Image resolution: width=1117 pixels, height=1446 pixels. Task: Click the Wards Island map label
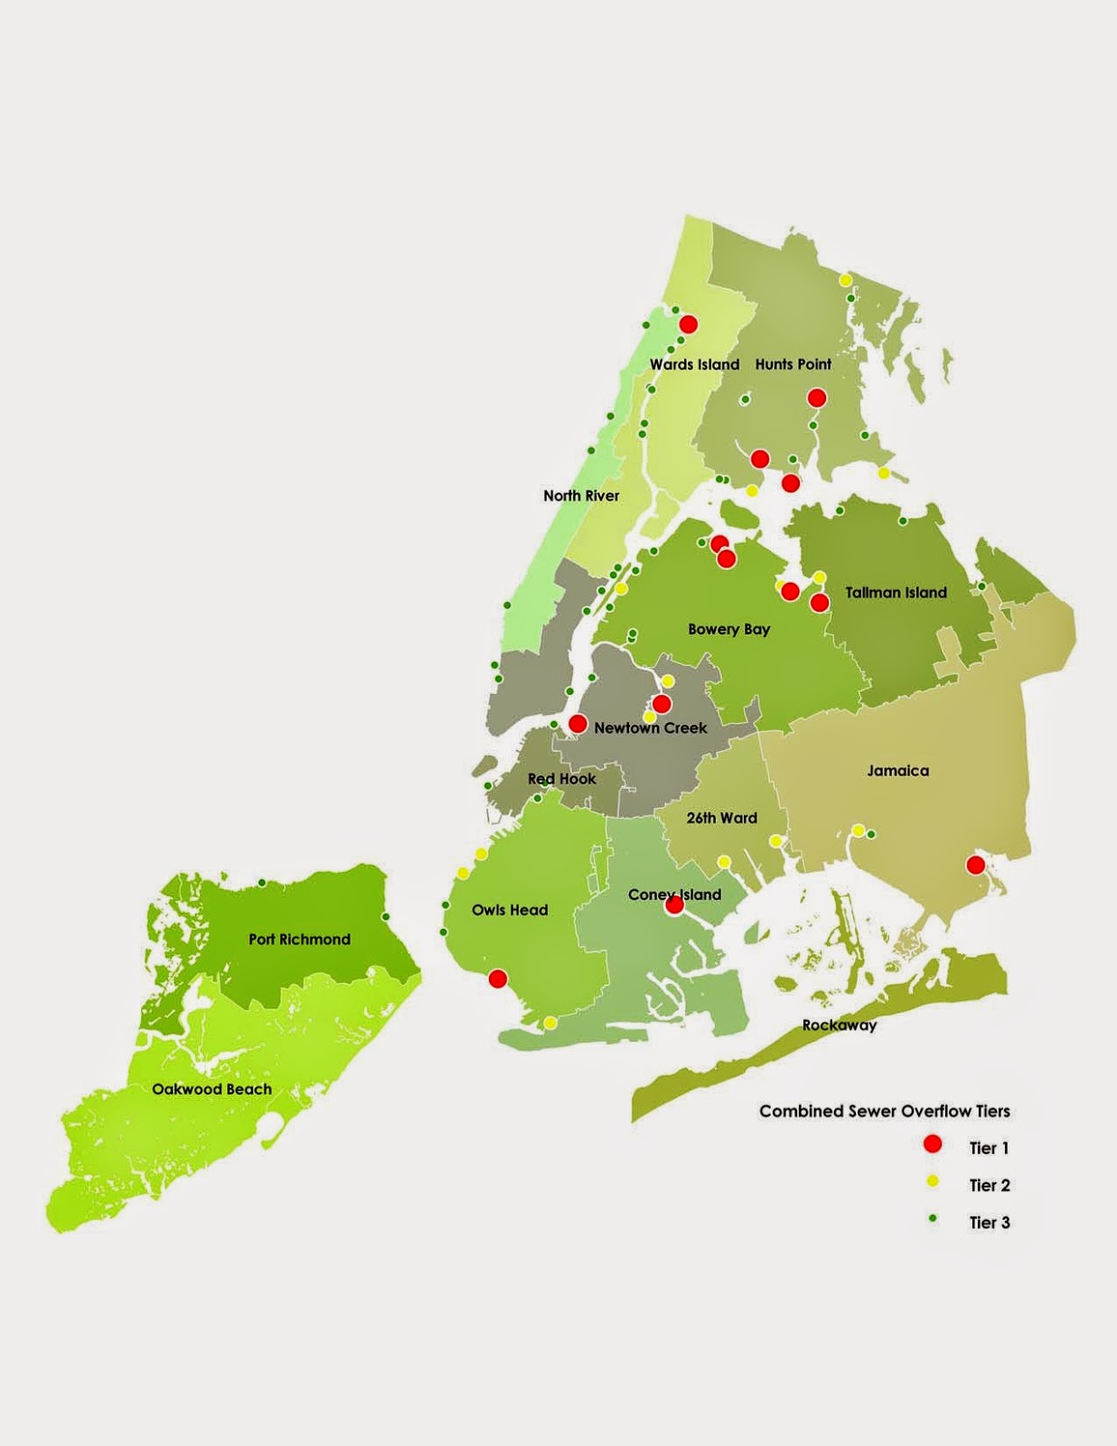tap(694, 364)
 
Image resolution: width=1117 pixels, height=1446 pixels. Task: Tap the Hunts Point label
tap(793, 364)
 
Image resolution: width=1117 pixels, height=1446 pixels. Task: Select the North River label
tap(581, 495)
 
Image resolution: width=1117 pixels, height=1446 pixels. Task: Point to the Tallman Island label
tap(896, 593)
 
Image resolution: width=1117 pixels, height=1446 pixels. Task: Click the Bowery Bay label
tap(728, 629)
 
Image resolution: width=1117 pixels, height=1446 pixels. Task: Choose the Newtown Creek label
tap(651, 728)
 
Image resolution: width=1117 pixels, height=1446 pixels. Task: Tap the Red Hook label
tap(562, 778)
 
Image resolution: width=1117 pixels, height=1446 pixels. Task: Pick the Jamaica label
tap(897, 771)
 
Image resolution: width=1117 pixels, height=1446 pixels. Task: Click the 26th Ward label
tap(721, 818)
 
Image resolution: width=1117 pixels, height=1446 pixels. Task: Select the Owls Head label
tap(510, 910)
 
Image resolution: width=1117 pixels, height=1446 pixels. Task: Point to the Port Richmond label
tap(299, 939)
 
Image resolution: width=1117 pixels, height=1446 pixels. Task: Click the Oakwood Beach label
tap(211, 1089)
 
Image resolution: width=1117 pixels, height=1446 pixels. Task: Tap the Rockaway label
tap(839, 1025)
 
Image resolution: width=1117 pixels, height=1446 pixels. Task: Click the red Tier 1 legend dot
tap(933, 1145)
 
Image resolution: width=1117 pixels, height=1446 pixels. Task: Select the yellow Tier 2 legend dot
tap(933, 1182)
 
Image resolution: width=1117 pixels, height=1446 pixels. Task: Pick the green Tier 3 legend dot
tap(933, 1219)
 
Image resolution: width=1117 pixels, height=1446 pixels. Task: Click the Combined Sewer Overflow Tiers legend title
tap(884, 1111)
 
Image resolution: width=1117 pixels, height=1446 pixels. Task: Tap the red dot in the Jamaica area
tap(975, 865)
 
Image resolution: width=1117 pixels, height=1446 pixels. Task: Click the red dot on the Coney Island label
tap(674, 905)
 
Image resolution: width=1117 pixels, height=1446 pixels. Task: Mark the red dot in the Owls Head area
tap(497, 978)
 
